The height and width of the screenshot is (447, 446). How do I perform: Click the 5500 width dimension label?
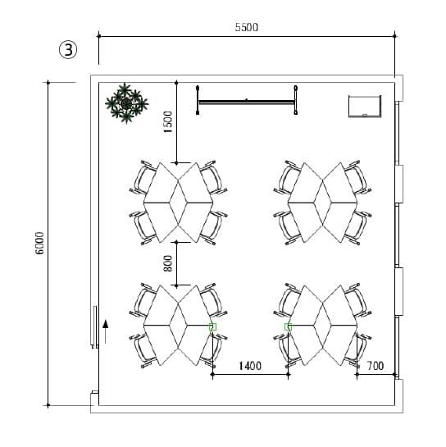tap(247, 27)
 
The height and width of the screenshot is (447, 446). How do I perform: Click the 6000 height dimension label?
tap(40, 243)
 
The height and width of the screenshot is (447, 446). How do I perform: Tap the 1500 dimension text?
tap(168, 121)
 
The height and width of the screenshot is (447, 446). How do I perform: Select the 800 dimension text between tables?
tap(168, 263)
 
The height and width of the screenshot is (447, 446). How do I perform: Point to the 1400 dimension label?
tap(250, 366)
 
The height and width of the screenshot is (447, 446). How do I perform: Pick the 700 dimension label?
tap(375, 366)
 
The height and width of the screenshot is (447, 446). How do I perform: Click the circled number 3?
tap(68, 50)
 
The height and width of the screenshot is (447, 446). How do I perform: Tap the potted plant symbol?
tap(126, 103)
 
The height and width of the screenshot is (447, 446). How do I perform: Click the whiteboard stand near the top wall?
tap(247, 100)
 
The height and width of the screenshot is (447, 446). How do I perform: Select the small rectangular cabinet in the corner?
tap(365, 107)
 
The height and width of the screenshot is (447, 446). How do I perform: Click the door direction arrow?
tap(106, 331)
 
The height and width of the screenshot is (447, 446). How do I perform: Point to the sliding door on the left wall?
tap(95, 327)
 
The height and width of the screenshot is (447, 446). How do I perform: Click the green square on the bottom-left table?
tap(212, 327)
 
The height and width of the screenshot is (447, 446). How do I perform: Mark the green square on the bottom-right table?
tap(288, 327)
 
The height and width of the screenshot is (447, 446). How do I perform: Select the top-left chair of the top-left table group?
tap(143, 177)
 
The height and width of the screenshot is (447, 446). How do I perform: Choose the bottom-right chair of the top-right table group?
tap(357, 227)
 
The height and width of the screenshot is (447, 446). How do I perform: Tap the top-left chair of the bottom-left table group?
tap(143, 300)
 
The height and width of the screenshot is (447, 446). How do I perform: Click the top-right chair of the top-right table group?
tap(357, 177)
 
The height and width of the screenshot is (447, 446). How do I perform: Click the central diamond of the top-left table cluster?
tap(179, 203)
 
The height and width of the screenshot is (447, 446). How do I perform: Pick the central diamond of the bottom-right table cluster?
tap(322, 325)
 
